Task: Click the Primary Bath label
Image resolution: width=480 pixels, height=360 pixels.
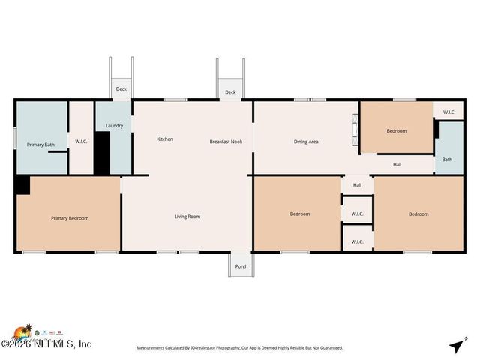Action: click(x=40, y=145)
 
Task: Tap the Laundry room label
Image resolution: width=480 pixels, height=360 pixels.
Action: click(x=114, y=126)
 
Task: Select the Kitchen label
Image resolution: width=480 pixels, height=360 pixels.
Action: click(x=165, y=139)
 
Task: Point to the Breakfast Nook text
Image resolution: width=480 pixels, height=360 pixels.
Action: click(x=225, y=142)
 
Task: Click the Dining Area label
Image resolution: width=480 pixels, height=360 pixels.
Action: click(x=306, y=142)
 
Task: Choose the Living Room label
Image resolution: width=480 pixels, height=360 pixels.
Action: click(x=187, y=217)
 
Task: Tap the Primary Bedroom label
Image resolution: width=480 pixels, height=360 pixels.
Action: click(x=70, y=218)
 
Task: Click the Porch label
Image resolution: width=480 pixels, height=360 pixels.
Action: click(x=241, y=266)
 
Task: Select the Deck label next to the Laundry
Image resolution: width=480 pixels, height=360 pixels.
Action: click(x=121, y=89)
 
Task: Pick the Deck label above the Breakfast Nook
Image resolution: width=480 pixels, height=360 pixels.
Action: click(x=230, y=93)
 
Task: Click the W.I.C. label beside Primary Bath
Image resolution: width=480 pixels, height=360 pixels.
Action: click(x=81, y=142)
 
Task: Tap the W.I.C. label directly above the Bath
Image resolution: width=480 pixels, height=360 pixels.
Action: click(x=448, y=112)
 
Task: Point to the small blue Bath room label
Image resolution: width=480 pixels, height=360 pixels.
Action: click(x=447, y=159)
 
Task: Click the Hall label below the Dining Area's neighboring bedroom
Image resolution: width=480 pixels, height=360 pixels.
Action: click(x=397, y=164)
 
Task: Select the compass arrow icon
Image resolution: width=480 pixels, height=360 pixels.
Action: click(x=456, y=345)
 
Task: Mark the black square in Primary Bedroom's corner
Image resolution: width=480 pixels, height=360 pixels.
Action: click(x=22, y=185)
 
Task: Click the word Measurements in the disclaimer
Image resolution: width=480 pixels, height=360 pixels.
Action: click(x=154, y=348)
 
